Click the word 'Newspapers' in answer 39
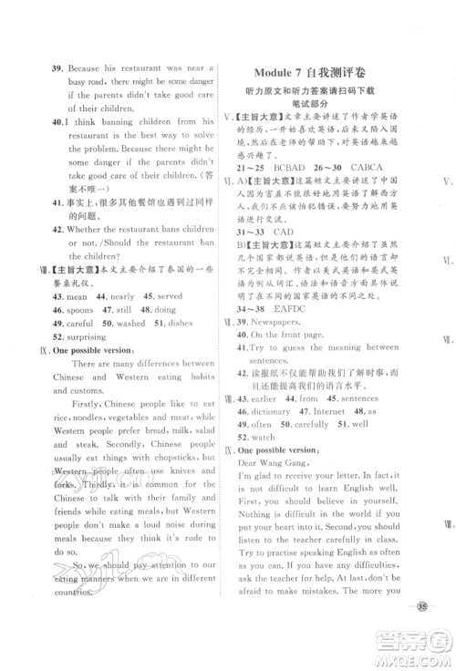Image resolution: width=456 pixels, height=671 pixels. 286,323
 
